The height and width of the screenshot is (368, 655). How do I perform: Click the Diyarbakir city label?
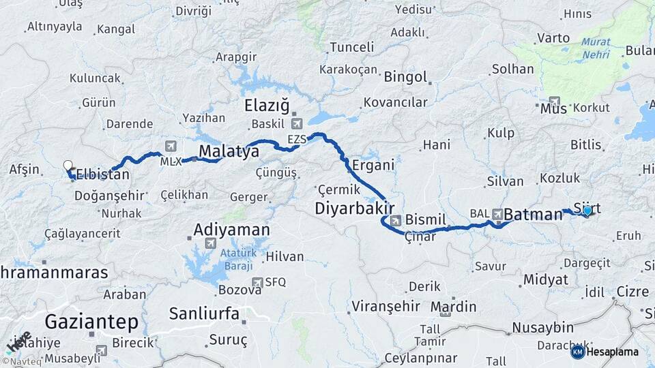point(355,208)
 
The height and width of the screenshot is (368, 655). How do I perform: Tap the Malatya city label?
point(229,151)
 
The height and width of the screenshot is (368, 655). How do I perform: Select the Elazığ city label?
point(267,106)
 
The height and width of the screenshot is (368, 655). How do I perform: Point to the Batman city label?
point(534,215)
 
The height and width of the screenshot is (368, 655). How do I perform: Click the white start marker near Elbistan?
point(68,165)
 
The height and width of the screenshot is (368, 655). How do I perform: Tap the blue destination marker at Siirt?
point(587,211)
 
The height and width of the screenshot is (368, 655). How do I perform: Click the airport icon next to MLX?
point(170,146)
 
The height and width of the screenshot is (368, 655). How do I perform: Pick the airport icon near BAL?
point(497,213)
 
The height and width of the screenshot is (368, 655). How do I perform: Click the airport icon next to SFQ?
point(257,282)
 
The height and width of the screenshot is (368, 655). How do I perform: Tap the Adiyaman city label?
point(232,230)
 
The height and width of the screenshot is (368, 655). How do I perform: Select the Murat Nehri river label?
point(596,48)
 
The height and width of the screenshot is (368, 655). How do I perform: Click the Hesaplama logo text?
point(612,352)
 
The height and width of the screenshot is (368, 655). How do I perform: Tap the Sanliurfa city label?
point(204,314)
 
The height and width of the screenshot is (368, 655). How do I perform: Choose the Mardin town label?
point(453,306)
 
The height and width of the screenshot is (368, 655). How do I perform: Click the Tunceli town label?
point(351,47)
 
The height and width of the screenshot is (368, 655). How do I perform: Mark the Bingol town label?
point(405,76)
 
